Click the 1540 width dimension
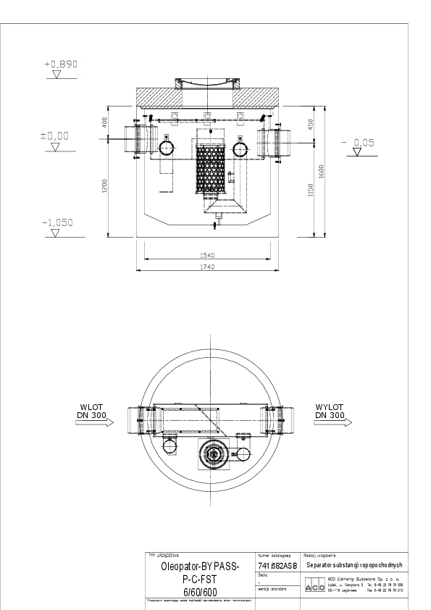(x=208, y=254)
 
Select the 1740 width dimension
(x=208, y=267)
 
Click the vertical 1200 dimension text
(x=106, y=187)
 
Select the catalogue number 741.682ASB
(x=277, y=565)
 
